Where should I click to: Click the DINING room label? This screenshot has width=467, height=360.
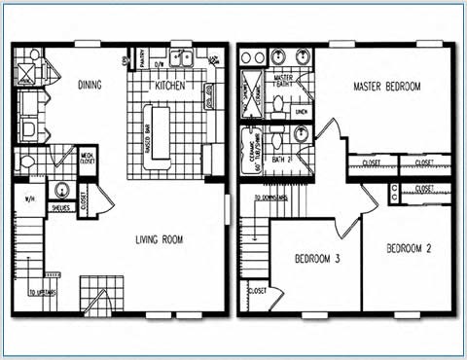[89, 85]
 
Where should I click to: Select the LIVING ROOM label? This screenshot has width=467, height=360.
[161, 239]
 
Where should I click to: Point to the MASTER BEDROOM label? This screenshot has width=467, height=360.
[387, 88]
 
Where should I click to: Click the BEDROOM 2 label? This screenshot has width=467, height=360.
[409, 248]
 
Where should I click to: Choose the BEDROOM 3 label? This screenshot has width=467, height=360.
[316, 259]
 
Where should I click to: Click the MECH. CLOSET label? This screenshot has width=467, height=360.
[87, 157]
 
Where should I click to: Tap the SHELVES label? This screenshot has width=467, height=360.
[59, 206]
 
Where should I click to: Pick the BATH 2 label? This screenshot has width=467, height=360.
[282, 159]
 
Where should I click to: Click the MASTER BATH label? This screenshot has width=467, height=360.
[285, 81]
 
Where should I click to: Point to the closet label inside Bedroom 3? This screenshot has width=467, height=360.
[259, 290]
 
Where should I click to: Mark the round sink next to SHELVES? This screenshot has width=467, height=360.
[61, 190]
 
